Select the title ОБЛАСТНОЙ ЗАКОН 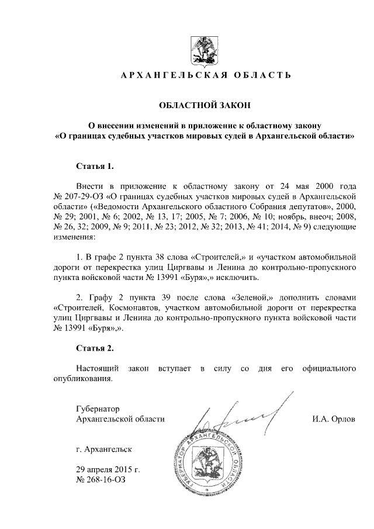205,105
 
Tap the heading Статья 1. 95,165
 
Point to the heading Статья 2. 95,348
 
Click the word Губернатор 98,408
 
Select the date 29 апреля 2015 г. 108,469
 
